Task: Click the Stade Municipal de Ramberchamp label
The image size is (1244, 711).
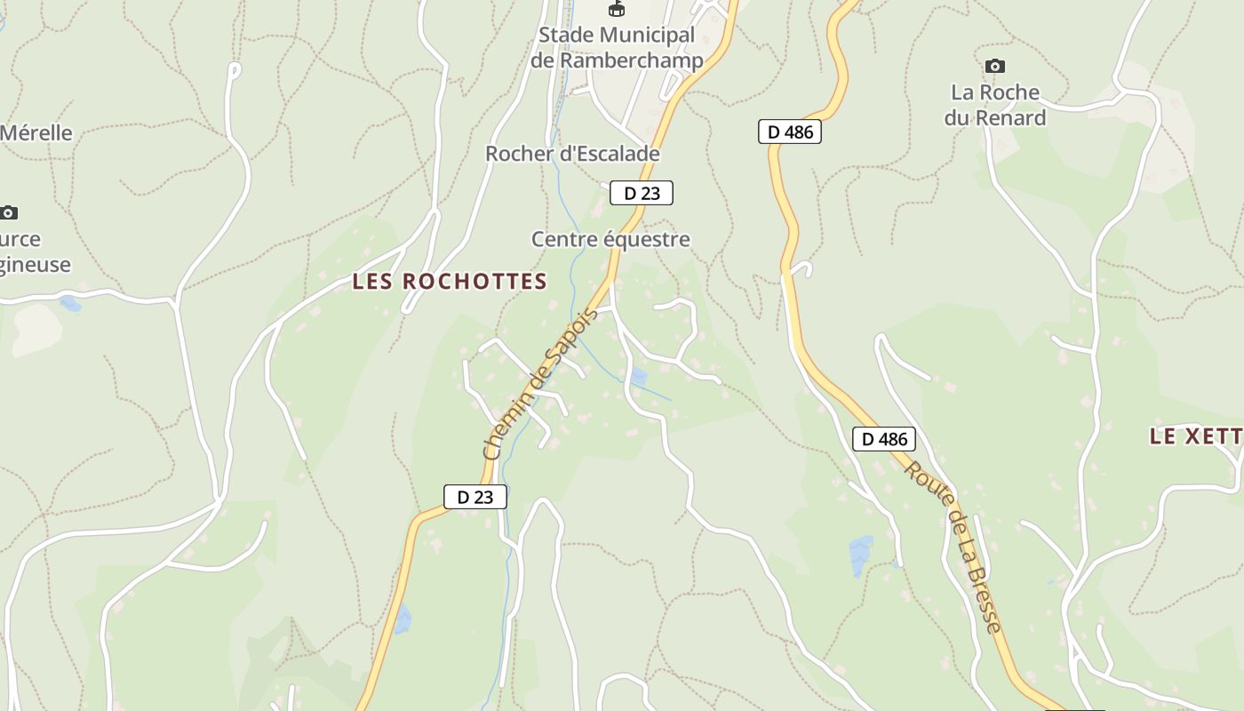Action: [x=617, y=47]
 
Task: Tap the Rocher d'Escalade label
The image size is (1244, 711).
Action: [x=572, y=154]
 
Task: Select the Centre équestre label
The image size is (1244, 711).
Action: [x=610, y=239]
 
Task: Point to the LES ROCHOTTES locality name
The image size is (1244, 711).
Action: [x=450, y=282]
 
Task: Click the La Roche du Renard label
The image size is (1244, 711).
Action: [x=995, y=105]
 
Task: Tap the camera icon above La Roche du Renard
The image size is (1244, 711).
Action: [x=995, y=66]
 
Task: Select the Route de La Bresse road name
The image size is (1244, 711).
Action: [x=953, y=546]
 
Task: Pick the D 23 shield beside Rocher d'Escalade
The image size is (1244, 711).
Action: [x=641, y=193]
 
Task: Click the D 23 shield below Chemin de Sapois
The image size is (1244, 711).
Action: [x=474, y=497]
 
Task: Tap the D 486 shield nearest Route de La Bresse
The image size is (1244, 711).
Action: [x=883, y=438]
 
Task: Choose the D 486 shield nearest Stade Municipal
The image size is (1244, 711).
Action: [x=789, y=132]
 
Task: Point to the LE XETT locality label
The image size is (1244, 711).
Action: [x=1195, y=436]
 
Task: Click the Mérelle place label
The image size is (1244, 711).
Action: [x=36, y=133]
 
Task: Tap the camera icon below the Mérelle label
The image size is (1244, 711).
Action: [x=8, y=212]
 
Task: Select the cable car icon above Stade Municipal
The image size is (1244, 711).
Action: [x=616, y=9]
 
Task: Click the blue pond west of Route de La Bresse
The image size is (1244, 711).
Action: [x=860, y=555]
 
